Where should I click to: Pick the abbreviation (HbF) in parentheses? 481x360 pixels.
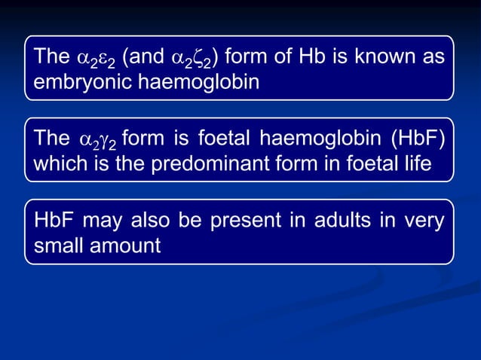pyautogui.click(x=417, y=139)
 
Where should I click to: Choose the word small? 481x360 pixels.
pyautogui.click(x=55, y=246)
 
